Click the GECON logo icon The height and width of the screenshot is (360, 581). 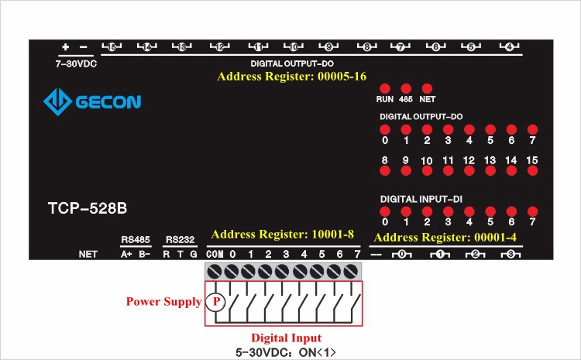pyautogui.click(x=57, y=101)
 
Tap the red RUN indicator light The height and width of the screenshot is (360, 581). pyautogui.click(x=384, y=89)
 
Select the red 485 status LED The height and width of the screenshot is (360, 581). pyautogui.click(x=405, y=89)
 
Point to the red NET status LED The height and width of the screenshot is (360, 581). pyautogui.click(x=427, y=89)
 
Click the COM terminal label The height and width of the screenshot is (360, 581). pyautogui.click(x=215, y=254)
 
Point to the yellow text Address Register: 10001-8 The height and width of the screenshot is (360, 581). pyautogui.click(x=282, y=234)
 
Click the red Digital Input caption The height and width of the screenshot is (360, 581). pyautogui.click(x=286, y=338)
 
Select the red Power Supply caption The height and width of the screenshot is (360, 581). pyautogui.click(x=163, y=301)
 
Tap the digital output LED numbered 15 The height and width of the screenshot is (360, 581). pyautogui.click(x=531, y=170)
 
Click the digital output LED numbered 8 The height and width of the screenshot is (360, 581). pyautogui.click(x=384, y=170)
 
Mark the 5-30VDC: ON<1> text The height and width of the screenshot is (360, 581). pyautogui.click(x=286, y=352)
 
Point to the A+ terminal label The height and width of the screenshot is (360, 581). pyautogui.click(x=126, y=254)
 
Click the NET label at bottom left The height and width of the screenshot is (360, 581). pyautogui.click(x=88, y=254)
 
